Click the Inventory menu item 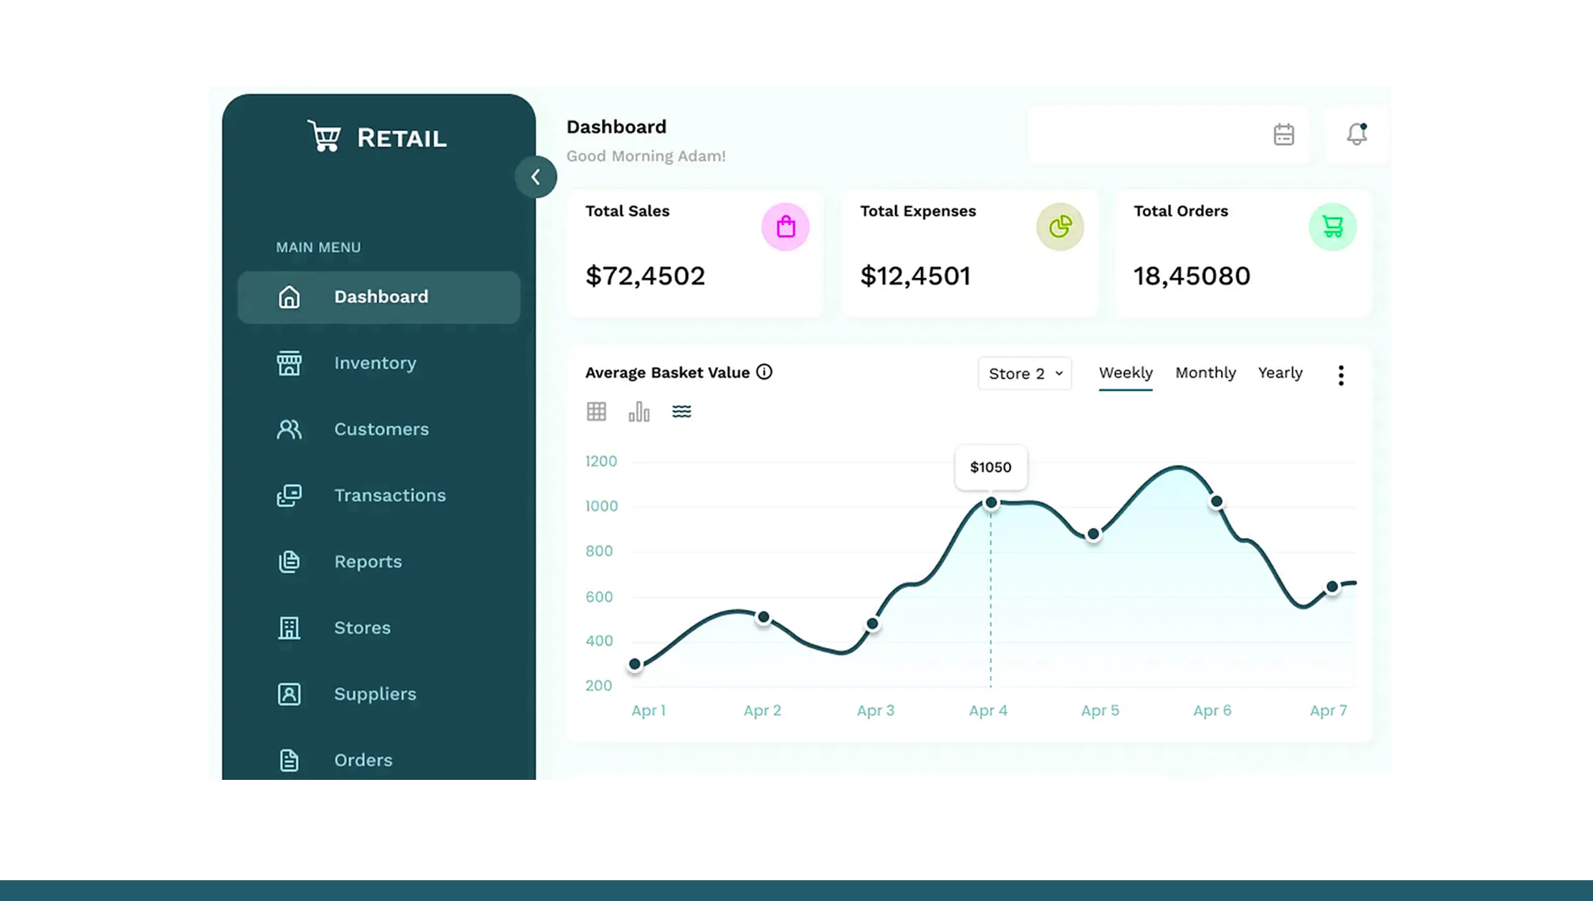pyautogui.click(x=375, y=363)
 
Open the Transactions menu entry pyautogui.click(x=389, y=495)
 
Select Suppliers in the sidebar pyautogui.click(x=375, y=694)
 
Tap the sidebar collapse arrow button pyautogui.click(x=535, y=177)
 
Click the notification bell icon pyautogui.click(x=1357, y=134)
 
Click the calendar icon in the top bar pyautogui.click(x=1283, y=135)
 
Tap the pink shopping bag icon pyautogui.click(x=785, y=227)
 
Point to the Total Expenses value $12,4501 pyautogui.click(x=915, y=276)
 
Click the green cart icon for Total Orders pyautogui.click(x=1332, y=227)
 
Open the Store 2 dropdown pyautogui.click(x=1025, y=373)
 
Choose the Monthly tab pyautogui.click(x=1205, y=373)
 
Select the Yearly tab pyautogui.click(x=1280, y=373)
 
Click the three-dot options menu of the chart pyautogui.click(x=1341, y=375)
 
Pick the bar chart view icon pyautogui.click(x=638, y=411)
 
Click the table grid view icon pyautogui.click(x=596, y=411)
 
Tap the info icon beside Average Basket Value pyautogui.click(x=764, y=372)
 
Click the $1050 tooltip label pyautogui.click(x=990, y=467)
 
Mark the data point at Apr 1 pyautogui.click(x=635, y=664)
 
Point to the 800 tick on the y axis pyautogui.click(x=599, y=551)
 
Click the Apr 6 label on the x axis pyautogui.click(x=1212, y=710)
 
